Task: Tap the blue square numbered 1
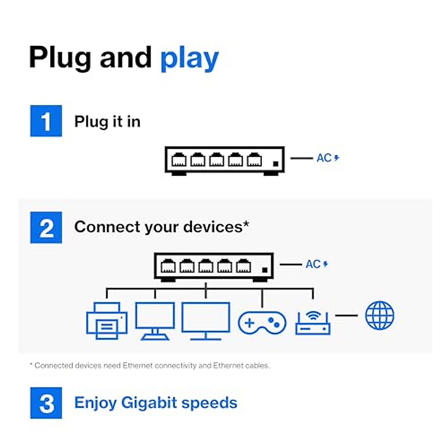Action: pos(46,121)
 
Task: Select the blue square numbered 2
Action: pos(46,227)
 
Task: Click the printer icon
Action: pos(107,321)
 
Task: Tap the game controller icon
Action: pos(262,323)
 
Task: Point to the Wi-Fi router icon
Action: pos(313,322)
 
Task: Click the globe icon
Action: pos(380,315)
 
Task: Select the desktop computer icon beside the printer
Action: pos(155,321)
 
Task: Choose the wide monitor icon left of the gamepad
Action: pos(205,321)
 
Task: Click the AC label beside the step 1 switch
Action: pos(324,158)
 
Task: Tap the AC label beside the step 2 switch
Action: pos(313,264)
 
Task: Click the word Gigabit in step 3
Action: pos(149,403)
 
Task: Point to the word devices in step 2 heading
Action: pos(213,227)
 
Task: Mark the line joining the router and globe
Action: pos(346,315)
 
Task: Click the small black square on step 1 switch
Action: pos(276,164)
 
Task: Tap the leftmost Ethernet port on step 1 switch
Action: pos(179,159)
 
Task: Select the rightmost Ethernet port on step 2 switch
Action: pos(243,265)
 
